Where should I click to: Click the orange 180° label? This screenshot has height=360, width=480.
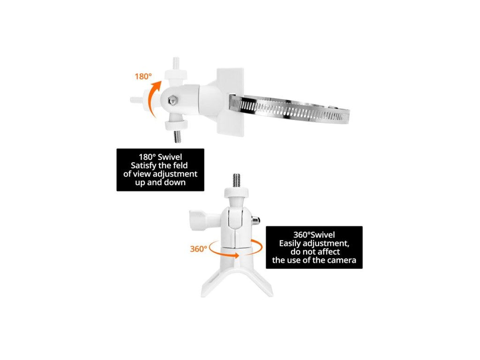tap(143, 76)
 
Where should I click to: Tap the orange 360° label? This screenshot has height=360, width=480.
tap(199, 249)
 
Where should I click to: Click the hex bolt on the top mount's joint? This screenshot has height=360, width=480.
tap(172, 100)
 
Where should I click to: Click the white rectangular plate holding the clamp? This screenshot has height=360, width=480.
tap(230, 102)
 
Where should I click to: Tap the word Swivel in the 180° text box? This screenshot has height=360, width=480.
tap(170, 157)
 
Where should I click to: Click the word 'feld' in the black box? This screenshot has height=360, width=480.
tap(180, 165)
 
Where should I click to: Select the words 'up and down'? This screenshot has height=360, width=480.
tap(160, 182)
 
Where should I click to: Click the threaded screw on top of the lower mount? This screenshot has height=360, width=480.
tap(236, 180)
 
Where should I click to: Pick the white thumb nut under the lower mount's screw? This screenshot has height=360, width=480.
tap(236, 193)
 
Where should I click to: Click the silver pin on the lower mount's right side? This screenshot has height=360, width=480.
tap(256, 220)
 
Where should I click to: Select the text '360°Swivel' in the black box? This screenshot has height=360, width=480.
tap(314, 235)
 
